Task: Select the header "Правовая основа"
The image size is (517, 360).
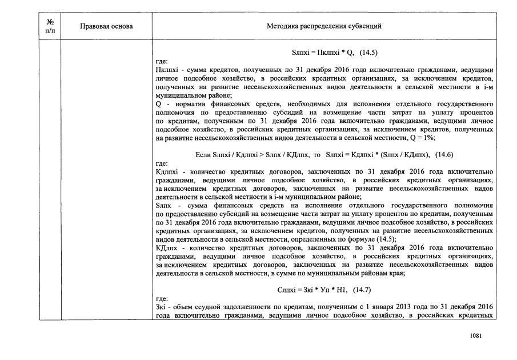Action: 106,26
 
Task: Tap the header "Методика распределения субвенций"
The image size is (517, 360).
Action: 324,26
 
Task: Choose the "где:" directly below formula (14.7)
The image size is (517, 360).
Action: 162,299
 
